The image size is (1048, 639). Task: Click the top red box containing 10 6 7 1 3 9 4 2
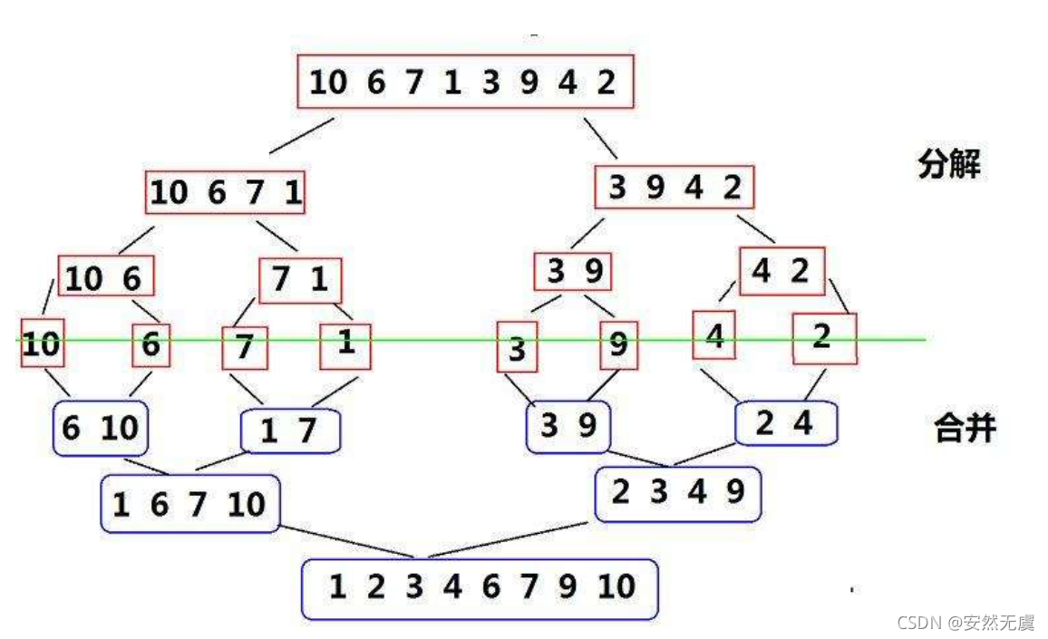click(463, 83)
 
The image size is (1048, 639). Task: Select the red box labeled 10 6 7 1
click(226, 192)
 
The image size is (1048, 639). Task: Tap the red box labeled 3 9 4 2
click(674, 188)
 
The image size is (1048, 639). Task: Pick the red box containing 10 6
click(106, 276)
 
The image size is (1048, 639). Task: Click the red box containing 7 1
click(300, 279)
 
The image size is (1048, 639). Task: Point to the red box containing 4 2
click(781, 271)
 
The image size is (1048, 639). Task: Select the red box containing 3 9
click(573, 271)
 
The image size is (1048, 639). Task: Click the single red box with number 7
click(246, 348)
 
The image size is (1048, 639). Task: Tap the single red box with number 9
click(619, 345)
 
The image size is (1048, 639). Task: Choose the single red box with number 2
click(823, 338)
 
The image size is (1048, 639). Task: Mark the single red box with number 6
click(150, 344)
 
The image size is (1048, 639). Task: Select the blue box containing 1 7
click(290, 431)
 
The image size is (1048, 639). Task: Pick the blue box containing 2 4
click(785, 422)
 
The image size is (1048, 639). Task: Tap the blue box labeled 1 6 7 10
click(190, 503)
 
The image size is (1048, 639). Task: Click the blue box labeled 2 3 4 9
click(678, 492)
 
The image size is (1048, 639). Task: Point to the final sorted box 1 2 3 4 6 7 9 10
click(480, 587)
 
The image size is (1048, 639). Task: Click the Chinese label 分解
click(948, 165)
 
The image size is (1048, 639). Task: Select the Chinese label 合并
click(965, 427)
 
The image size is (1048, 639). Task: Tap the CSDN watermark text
click(965, 623)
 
